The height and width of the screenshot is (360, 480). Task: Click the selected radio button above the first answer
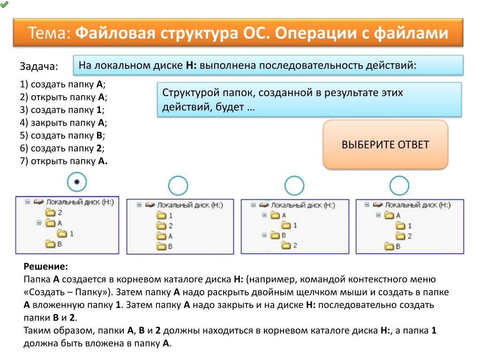[x=77, y=182]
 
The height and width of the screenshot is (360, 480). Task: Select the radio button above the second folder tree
[x=178, y=186]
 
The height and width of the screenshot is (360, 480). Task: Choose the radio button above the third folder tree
[x=294, y=186]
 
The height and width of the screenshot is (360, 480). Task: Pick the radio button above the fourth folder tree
[x=399, y=186]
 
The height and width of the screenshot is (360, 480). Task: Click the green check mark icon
[x=4, y=4]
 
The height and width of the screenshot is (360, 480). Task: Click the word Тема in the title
[x=49, y=33]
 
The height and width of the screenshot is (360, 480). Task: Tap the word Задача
[x=39, y=67]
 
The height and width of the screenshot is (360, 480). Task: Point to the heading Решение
[x=45, y=267]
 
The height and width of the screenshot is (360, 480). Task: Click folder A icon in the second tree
[x=161, y=236]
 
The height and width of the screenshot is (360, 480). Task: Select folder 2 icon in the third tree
[x=286, y=245]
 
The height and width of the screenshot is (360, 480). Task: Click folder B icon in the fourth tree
[x=389, y=246]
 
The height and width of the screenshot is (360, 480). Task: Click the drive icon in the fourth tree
[x=378, y=205]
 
